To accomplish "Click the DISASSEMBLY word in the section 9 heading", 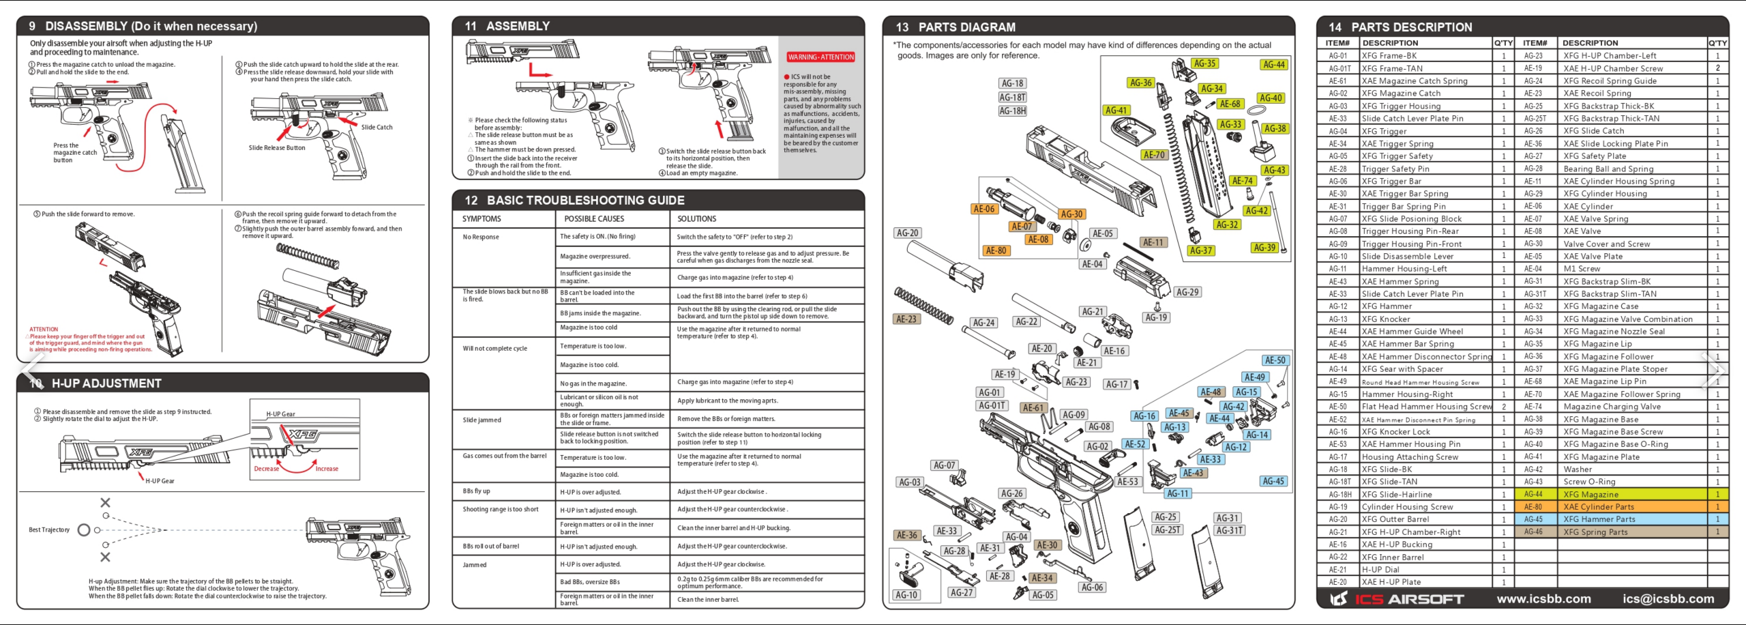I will [86, 26].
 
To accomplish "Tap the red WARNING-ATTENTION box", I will [820, 57].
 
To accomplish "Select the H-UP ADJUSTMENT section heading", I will [106, 383].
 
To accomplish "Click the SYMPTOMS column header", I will [482, 219].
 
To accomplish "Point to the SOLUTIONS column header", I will [696, 219].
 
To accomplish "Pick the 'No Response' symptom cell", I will [481, 237].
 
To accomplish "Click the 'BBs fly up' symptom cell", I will [476, 491].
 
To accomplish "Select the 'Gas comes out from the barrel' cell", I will [504, 456].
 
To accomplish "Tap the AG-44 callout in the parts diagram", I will [1273, 65].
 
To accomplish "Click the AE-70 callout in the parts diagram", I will [1154, 155].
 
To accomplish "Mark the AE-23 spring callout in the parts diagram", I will [906, 319].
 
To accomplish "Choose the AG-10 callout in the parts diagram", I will [906, 595].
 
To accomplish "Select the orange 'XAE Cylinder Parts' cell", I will [1598, 507].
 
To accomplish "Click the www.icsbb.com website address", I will [1543, 599].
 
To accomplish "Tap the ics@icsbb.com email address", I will [1668, 599].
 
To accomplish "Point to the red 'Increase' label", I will [327, 469].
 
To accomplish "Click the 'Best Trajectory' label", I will [49, 529].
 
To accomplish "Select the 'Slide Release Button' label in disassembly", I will [277, 147].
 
